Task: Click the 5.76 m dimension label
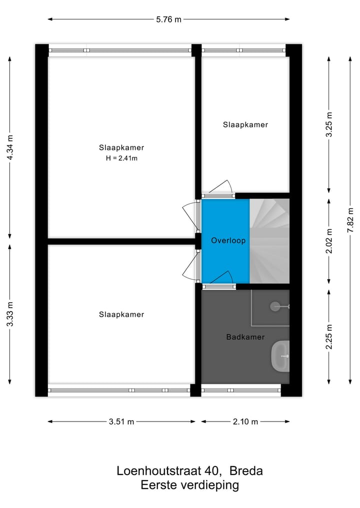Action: (x=168, y=20)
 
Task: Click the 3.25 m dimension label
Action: (x=328, y=125)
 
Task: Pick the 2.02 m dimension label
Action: (x=328, y=241)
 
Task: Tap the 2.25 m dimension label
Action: (x=328, y=337)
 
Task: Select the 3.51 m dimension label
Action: (x=121, y=422)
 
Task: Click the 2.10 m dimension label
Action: (x=245, y=422)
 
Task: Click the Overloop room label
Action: (x=228, y=241)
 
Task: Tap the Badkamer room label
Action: (x=245, y=337)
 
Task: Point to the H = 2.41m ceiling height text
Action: (x=121, y=158)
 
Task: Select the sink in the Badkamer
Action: (x=280, y=356)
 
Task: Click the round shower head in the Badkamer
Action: (x=275, y=306)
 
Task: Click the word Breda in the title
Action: (x=246, y=471)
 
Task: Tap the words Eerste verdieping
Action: (x=189, y=485)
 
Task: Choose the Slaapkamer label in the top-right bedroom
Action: (x=245, y=125)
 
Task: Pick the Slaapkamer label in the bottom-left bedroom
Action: (x=121, y=315)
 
